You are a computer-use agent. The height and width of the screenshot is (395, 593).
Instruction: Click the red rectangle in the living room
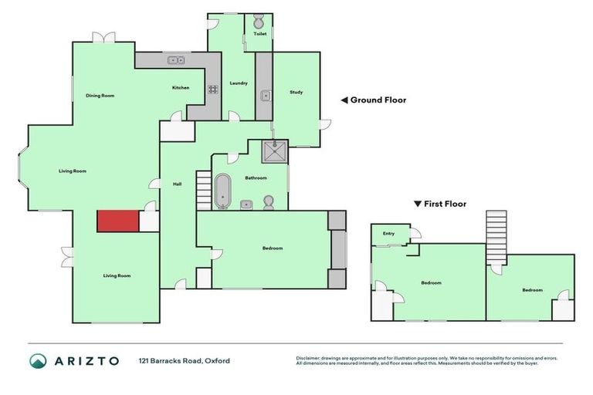(x=117, y=221)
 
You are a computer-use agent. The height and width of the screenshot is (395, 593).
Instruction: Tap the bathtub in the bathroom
(x=222, y=191)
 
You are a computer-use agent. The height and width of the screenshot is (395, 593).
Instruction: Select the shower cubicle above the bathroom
(x=274, y=152)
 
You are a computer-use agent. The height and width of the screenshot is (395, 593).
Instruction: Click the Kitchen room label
(x=181, y=88)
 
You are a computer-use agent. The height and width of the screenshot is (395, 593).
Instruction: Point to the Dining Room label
(x=100, y=96)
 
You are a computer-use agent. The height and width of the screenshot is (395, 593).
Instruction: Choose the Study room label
(x=296, y=93)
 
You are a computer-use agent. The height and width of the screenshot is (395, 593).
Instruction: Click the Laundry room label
(x=239, y=83)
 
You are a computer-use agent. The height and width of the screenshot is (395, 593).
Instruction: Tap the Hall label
(x=177, y=184)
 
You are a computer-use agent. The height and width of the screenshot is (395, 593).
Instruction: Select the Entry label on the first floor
(x=388, y=234)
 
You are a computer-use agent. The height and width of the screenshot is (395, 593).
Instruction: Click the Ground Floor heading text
(x=378, y=100)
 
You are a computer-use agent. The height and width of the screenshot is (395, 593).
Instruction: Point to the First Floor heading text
(x=446, y=204)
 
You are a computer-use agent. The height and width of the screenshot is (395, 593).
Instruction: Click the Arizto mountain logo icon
(x=38, y=361)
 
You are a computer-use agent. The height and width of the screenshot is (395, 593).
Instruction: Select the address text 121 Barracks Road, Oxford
(x=185, y=361)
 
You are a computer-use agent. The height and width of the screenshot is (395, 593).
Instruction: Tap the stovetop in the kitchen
(x=212, y=89)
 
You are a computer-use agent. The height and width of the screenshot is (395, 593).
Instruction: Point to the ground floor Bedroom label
(x=273, y=248)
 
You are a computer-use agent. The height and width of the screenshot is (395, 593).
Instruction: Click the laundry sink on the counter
(x=265, y=96)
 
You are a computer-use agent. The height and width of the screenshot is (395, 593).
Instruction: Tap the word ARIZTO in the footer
(x=86, y=361)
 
